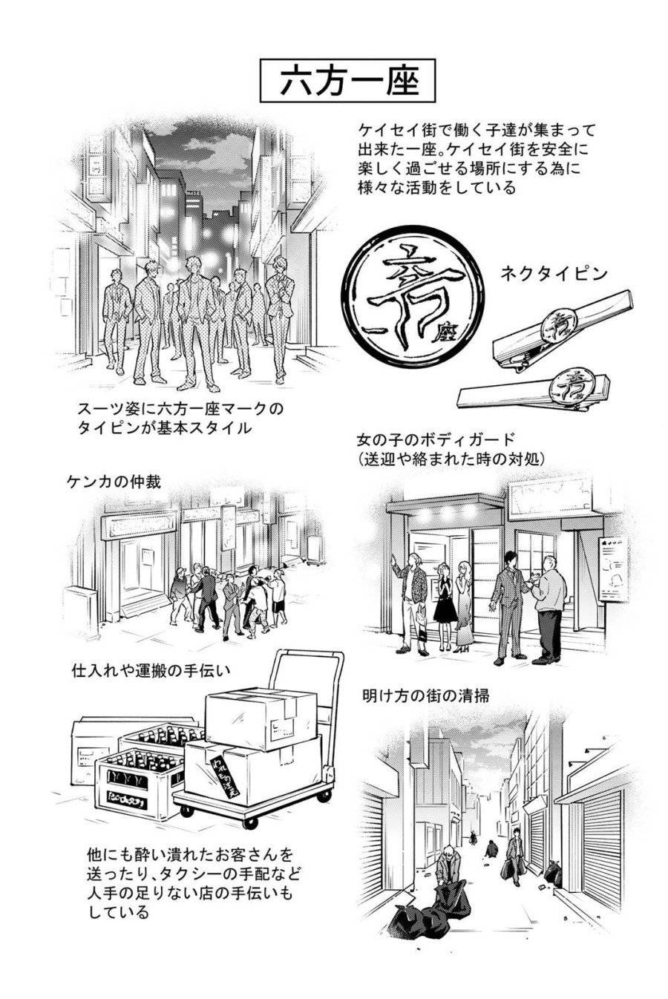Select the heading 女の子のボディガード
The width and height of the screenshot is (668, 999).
pos(435,439)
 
